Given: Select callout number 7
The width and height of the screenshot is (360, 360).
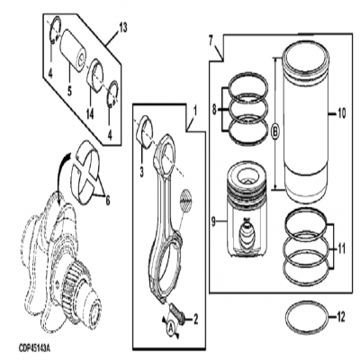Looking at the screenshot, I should (211, 40).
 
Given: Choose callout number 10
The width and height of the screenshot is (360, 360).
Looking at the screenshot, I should (341, 113).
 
